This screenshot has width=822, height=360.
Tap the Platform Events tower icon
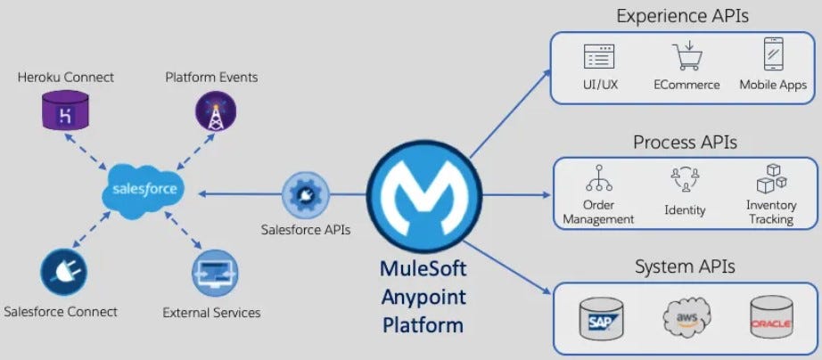(215, 112)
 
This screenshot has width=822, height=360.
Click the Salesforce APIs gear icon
(306, 195)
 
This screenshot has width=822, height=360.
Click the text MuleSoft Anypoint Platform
(423, 296)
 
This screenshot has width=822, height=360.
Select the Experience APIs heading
(683, 15)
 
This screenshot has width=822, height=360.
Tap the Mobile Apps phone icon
(772, 55)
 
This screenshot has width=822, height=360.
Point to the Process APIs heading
(685, 143)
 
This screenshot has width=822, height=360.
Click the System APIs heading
(685, 266)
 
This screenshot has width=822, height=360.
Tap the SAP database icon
(600, 317)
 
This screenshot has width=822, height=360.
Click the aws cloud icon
(686, 316)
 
